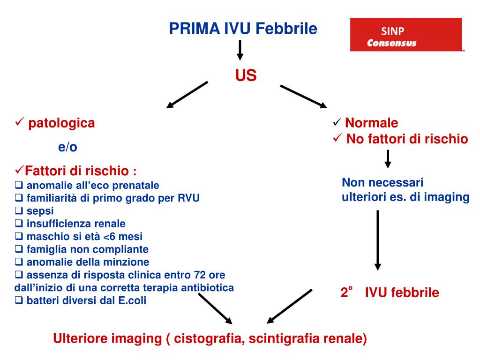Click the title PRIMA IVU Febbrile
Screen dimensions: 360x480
(x=243, y=29)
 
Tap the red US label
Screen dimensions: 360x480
(x=246, y=75)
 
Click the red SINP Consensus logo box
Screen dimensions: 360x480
(x=406, y=35)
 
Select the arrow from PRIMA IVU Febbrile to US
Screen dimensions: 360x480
(x=240, y=50)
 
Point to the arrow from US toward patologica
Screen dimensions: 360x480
(x=187, y=95)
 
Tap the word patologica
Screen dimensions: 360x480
(x=61, y=123)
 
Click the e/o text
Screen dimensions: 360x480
(x=67, y=147)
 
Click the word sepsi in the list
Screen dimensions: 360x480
(x=40, y=211)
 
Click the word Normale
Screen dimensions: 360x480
(x=371, y=123)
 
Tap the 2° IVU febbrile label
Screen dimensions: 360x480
(x=390, y=293)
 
